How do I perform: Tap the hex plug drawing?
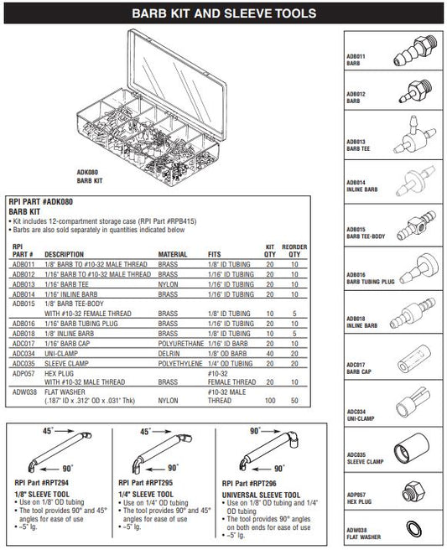click(x=413, y=491)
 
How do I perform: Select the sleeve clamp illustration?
click(x=411, y=449)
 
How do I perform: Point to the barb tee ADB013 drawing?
click(x=414, y=135)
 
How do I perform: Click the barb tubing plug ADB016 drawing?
click(x=419, y=268)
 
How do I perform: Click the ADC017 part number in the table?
click(x=23, y=344)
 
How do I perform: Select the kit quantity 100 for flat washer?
click(x=270, y=400)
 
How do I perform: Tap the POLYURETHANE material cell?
click(x=180, y=344)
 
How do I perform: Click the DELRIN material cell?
click(x=169, y=354)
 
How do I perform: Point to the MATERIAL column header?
click(x=172, y=254)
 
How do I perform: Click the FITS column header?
click(x=215, y=254)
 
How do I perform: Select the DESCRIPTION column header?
click(x=65, y=254)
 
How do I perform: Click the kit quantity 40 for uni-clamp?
click(x=270, y=354)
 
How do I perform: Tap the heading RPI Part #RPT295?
click(x=146, y=483)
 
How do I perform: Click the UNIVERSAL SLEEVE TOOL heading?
click(x=261, y=495)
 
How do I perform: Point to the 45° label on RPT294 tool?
click(x=48, y=431)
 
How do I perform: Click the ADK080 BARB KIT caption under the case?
click(x=90, y=176)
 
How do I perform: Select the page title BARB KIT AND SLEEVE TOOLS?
click(x=224, y=13)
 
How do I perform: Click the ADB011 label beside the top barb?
click(x=356, y=56)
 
